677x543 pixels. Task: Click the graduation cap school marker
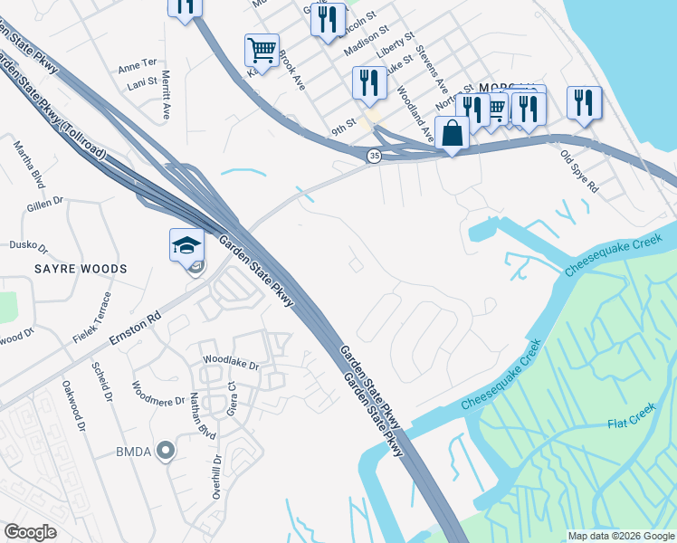click(186, 245)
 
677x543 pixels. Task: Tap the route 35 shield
click(374, 157)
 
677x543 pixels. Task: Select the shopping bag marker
click(452, 133)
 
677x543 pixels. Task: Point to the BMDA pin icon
click(164, 451)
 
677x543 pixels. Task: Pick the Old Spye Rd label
click(579, 172)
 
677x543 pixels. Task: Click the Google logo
click(30, 531)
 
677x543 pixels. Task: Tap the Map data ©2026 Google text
click(622, 536)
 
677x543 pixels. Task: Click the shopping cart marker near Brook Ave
click(262, 51)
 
